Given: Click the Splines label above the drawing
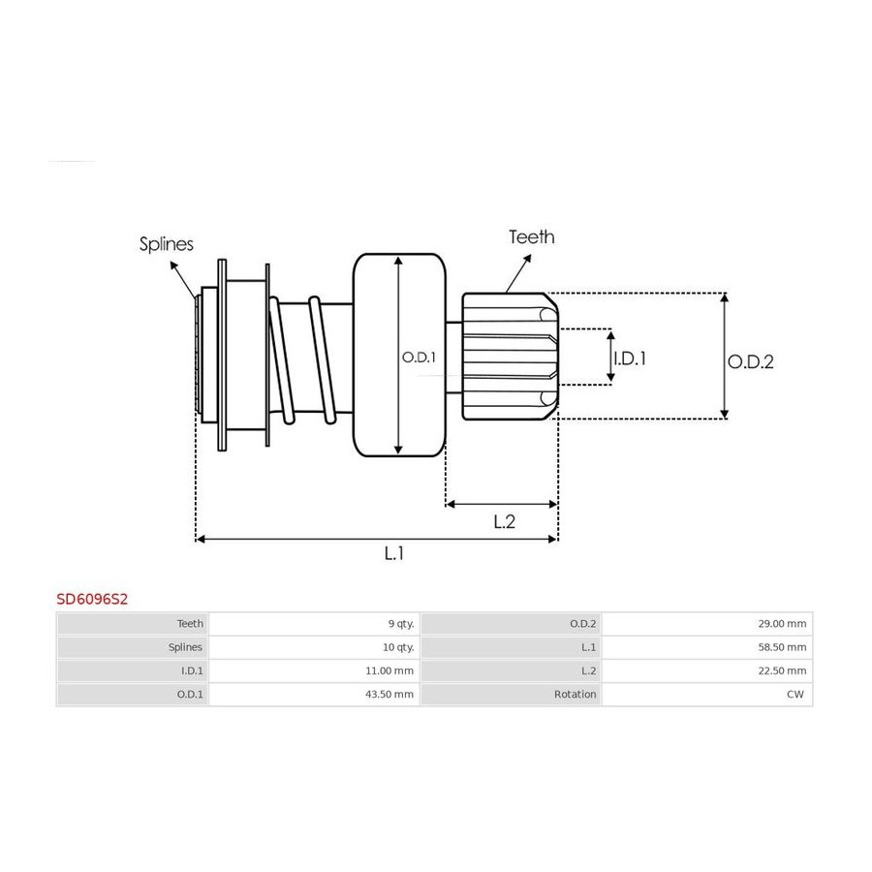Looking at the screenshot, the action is [x=167, y=244].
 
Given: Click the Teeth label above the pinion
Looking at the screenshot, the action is [x=532, y=237].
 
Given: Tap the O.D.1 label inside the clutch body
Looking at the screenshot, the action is [x=419, y=357].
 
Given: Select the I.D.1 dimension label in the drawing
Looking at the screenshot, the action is [x=630, y=358].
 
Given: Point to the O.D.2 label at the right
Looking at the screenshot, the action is [x=751, y=362].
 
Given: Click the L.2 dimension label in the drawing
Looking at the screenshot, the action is [x=505, y=521].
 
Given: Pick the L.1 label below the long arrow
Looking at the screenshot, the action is [x=393, y=553].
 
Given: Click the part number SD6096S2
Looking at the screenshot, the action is [x=92, y=599].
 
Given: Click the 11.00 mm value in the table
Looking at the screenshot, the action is [x=389, y=670].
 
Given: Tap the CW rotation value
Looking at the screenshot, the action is [x=795, y=694].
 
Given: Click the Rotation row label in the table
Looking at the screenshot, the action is [x=575, y=694].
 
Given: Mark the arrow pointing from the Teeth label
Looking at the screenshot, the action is [x=518, y=273].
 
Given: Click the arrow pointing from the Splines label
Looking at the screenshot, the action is [x=183, y=281].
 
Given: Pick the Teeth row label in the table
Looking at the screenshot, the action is [x=190, y=624].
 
